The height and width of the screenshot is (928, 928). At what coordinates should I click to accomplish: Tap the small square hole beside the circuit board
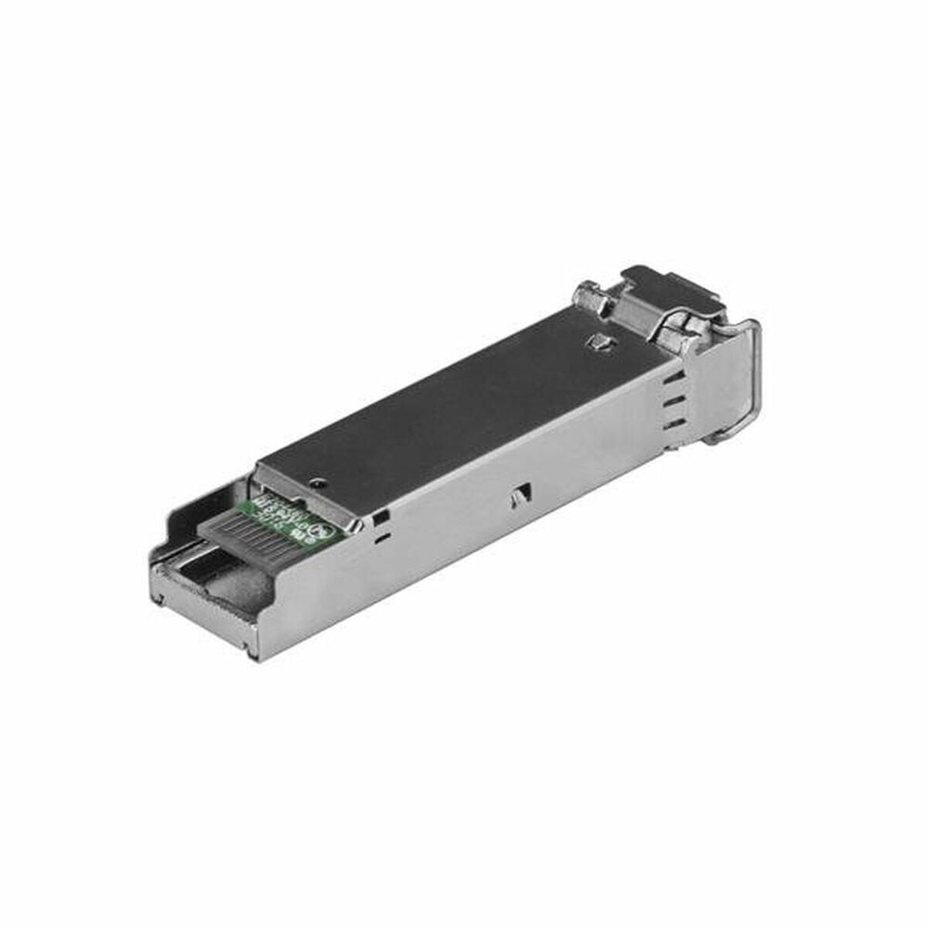[x=380, y=516]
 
